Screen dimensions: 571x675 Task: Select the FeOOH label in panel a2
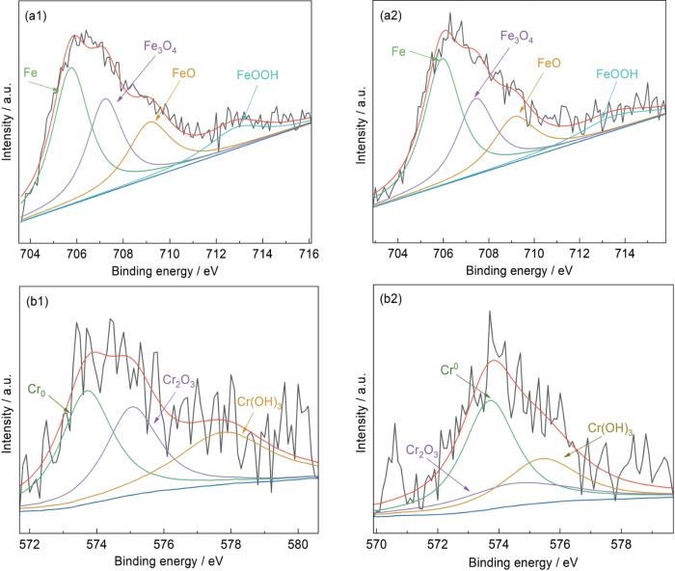tap(618, 73)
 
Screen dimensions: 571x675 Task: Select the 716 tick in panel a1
tap(309, 254)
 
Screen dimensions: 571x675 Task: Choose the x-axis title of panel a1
tap(172, 270)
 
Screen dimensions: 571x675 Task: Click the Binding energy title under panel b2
tap(520, 559)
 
